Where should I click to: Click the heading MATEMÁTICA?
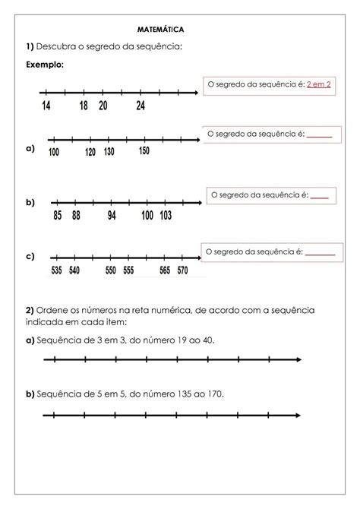point(161,30)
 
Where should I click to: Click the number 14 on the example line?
point(46,106)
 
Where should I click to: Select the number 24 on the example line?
point(141,106)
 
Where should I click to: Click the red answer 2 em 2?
point(317,84)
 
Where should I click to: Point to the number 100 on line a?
point(54,152)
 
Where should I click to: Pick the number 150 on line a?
point(144,150)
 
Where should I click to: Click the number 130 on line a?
point(109,151)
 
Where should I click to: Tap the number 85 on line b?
point(58,216)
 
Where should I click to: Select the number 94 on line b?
point(112,216)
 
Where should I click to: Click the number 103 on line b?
point(166,216)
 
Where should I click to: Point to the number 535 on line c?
point(56,270)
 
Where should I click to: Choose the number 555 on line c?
point(128,270)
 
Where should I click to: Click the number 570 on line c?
point(182,270)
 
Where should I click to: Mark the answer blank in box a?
point(320,136)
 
